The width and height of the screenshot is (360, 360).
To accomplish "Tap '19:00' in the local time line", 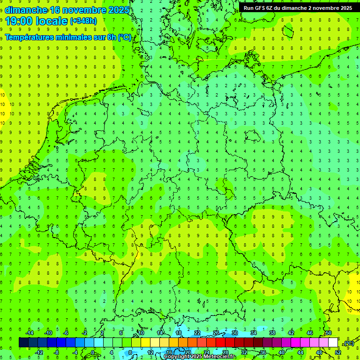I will (19, 21).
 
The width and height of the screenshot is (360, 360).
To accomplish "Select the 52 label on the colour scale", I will (338, 352).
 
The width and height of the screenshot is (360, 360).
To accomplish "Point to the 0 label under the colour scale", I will (93, 352).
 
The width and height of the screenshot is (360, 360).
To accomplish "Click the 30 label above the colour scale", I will (234, 333).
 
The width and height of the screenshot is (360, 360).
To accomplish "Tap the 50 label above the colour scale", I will (328, 333).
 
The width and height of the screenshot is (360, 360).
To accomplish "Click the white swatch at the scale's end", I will (333, 343).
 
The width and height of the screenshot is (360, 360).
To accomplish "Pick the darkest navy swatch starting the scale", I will (23, 343).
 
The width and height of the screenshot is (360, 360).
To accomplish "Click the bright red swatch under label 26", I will (220, 343).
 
